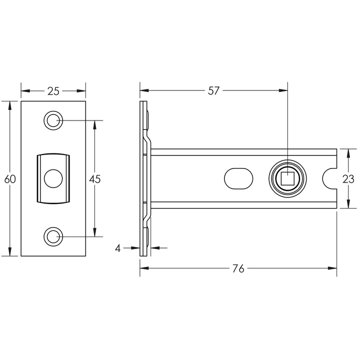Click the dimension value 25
tap(53, 91)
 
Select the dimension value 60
tap(10, 179)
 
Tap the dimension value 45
tap(95, 179)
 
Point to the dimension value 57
tap(213, 91)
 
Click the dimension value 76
tap(238, 268)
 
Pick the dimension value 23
tap(348, 179)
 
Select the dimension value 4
tap(118, 248)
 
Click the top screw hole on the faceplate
tap(53, 120)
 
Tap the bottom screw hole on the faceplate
tap(53, 236)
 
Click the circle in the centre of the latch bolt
tap(53, 178)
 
